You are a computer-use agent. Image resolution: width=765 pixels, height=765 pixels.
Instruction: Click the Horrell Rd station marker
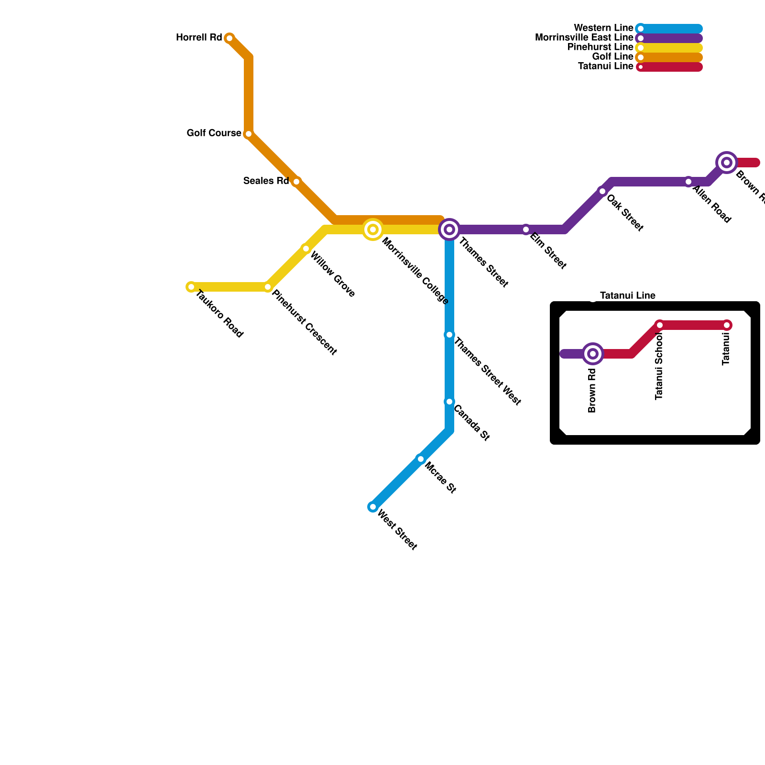click(x=229, y=38)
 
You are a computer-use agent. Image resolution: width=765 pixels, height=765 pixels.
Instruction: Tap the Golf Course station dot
click(x=249, y=134)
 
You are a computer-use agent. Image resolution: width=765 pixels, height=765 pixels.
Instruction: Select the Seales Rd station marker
click(x=296, y=182)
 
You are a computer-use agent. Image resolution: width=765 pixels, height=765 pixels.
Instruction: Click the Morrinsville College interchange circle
click(x=373, y=229)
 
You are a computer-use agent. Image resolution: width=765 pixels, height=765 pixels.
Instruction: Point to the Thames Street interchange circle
click(x=449, y=229)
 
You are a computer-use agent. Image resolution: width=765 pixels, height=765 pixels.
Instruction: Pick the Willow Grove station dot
click(x=306, y=249)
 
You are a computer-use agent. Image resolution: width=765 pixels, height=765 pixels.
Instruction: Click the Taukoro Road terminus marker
click(x=191, y=287)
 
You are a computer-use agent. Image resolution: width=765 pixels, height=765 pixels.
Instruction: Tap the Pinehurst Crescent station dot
click(x=268, y=287)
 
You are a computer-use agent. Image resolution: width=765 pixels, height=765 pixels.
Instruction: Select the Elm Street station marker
click(x=526, y=229)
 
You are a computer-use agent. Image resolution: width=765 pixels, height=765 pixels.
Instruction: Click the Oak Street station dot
click(x=602, y=191)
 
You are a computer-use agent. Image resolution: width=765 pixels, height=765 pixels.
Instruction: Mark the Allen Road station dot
click(x=688, y=182)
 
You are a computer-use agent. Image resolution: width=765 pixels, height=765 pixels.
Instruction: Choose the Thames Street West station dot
click(x=449, y=335)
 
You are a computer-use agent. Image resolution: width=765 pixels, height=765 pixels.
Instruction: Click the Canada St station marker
click(x=449, y=402)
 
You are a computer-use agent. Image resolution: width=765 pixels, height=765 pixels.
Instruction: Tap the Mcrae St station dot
click(x=421, y=459)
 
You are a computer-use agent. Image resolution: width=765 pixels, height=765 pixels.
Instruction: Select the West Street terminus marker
click(x=373, y=507)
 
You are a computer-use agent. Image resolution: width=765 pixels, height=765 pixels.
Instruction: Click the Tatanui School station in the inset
click(x=660, y=325)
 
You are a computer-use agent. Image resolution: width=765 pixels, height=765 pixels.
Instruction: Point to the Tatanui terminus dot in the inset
click(x=727, y=325)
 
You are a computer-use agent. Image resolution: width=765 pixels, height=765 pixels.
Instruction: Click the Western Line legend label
click(x=603, y=28)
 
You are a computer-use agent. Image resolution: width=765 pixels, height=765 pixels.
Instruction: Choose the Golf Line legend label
click(x=612, y=57)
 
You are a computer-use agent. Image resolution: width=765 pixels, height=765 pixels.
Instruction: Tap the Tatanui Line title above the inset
click(x=627, y=296)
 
